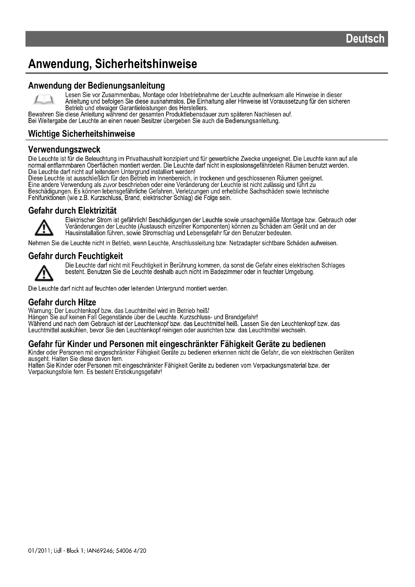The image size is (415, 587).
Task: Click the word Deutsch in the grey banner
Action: pos(365,39)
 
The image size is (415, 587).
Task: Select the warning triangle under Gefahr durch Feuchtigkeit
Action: pos(44,273)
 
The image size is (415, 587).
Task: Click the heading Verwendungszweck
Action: pos(64,149)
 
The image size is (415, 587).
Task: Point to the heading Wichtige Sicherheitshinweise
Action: pos(82,134)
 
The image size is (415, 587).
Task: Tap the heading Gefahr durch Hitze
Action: pos(62,302)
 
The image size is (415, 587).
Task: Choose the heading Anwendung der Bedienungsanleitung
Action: pos(96,85)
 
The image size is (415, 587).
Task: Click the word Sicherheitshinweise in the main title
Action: pos(146,64)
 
